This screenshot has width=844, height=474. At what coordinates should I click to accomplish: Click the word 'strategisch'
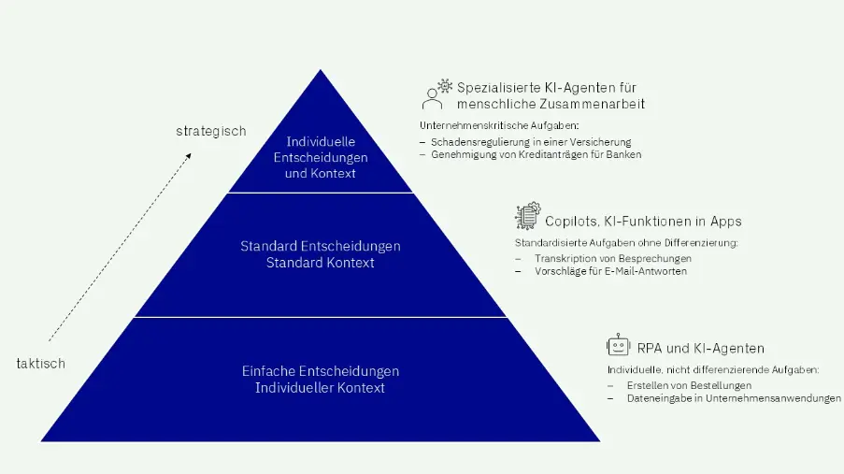[211, 132]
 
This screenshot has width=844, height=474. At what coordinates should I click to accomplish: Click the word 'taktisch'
[41, 364]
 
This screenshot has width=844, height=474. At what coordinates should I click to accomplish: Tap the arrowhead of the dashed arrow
[188, 157]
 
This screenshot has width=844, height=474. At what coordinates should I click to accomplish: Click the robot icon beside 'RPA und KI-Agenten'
[618, 345]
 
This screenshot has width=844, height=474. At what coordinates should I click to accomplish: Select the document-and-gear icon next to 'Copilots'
[528, 216]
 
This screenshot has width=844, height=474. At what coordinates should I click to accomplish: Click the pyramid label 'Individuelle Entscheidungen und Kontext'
[321, 157]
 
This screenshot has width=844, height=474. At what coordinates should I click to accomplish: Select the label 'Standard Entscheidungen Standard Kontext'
[321, 254]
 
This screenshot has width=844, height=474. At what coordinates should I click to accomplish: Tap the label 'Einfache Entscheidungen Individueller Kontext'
[321, 380]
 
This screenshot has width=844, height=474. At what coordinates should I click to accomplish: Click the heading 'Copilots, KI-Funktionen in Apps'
[643, 222]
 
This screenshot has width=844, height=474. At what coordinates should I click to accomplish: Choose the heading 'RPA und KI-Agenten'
[701, 349]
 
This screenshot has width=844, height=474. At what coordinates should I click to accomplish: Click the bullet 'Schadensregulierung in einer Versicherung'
[531, 142]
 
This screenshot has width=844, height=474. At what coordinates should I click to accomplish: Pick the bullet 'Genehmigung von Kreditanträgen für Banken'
[536, 154]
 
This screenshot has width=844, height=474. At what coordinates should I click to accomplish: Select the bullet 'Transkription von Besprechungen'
[613, 259]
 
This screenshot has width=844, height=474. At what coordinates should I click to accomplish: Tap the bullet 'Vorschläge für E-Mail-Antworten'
[611, 271]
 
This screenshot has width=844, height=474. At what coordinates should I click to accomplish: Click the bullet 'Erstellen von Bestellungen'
[690, 386]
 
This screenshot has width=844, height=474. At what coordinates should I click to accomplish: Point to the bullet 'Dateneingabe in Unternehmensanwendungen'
[735, 398]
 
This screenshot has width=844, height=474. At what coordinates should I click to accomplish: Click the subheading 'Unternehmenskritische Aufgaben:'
[499, 125]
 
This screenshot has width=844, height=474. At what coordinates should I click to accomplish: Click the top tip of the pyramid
[321, 69]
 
